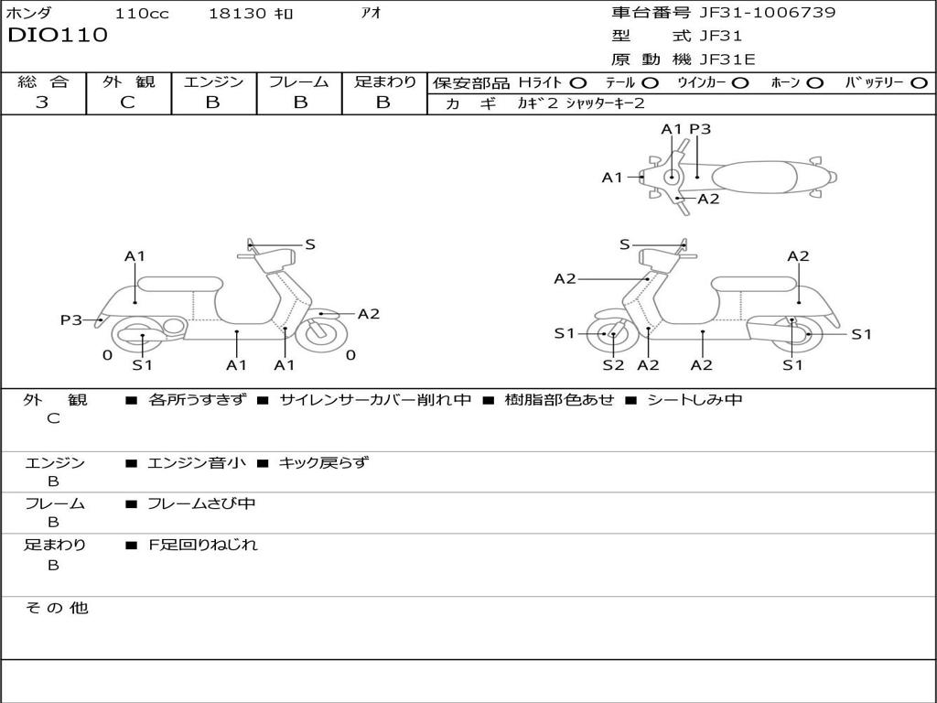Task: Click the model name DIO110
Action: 58,36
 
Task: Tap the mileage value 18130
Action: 237,14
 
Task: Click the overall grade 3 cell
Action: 42,103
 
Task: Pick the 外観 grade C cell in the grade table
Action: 127,103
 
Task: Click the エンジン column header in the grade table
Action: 213,81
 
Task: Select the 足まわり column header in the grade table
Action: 384,81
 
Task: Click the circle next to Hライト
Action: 578,82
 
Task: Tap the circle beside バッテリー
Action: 920,82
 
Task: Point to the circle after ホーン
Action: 814,82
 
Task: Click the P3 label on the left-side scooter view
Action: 71,319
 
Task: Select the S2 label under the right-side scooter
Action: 613,365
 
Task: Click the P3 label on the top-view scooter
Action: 700,129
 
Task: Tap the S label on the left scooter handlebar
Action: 310,244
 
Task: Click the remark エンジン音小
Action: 197,462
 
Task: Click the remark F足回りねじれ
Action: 203,545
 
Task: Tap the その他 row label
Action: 56,608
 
